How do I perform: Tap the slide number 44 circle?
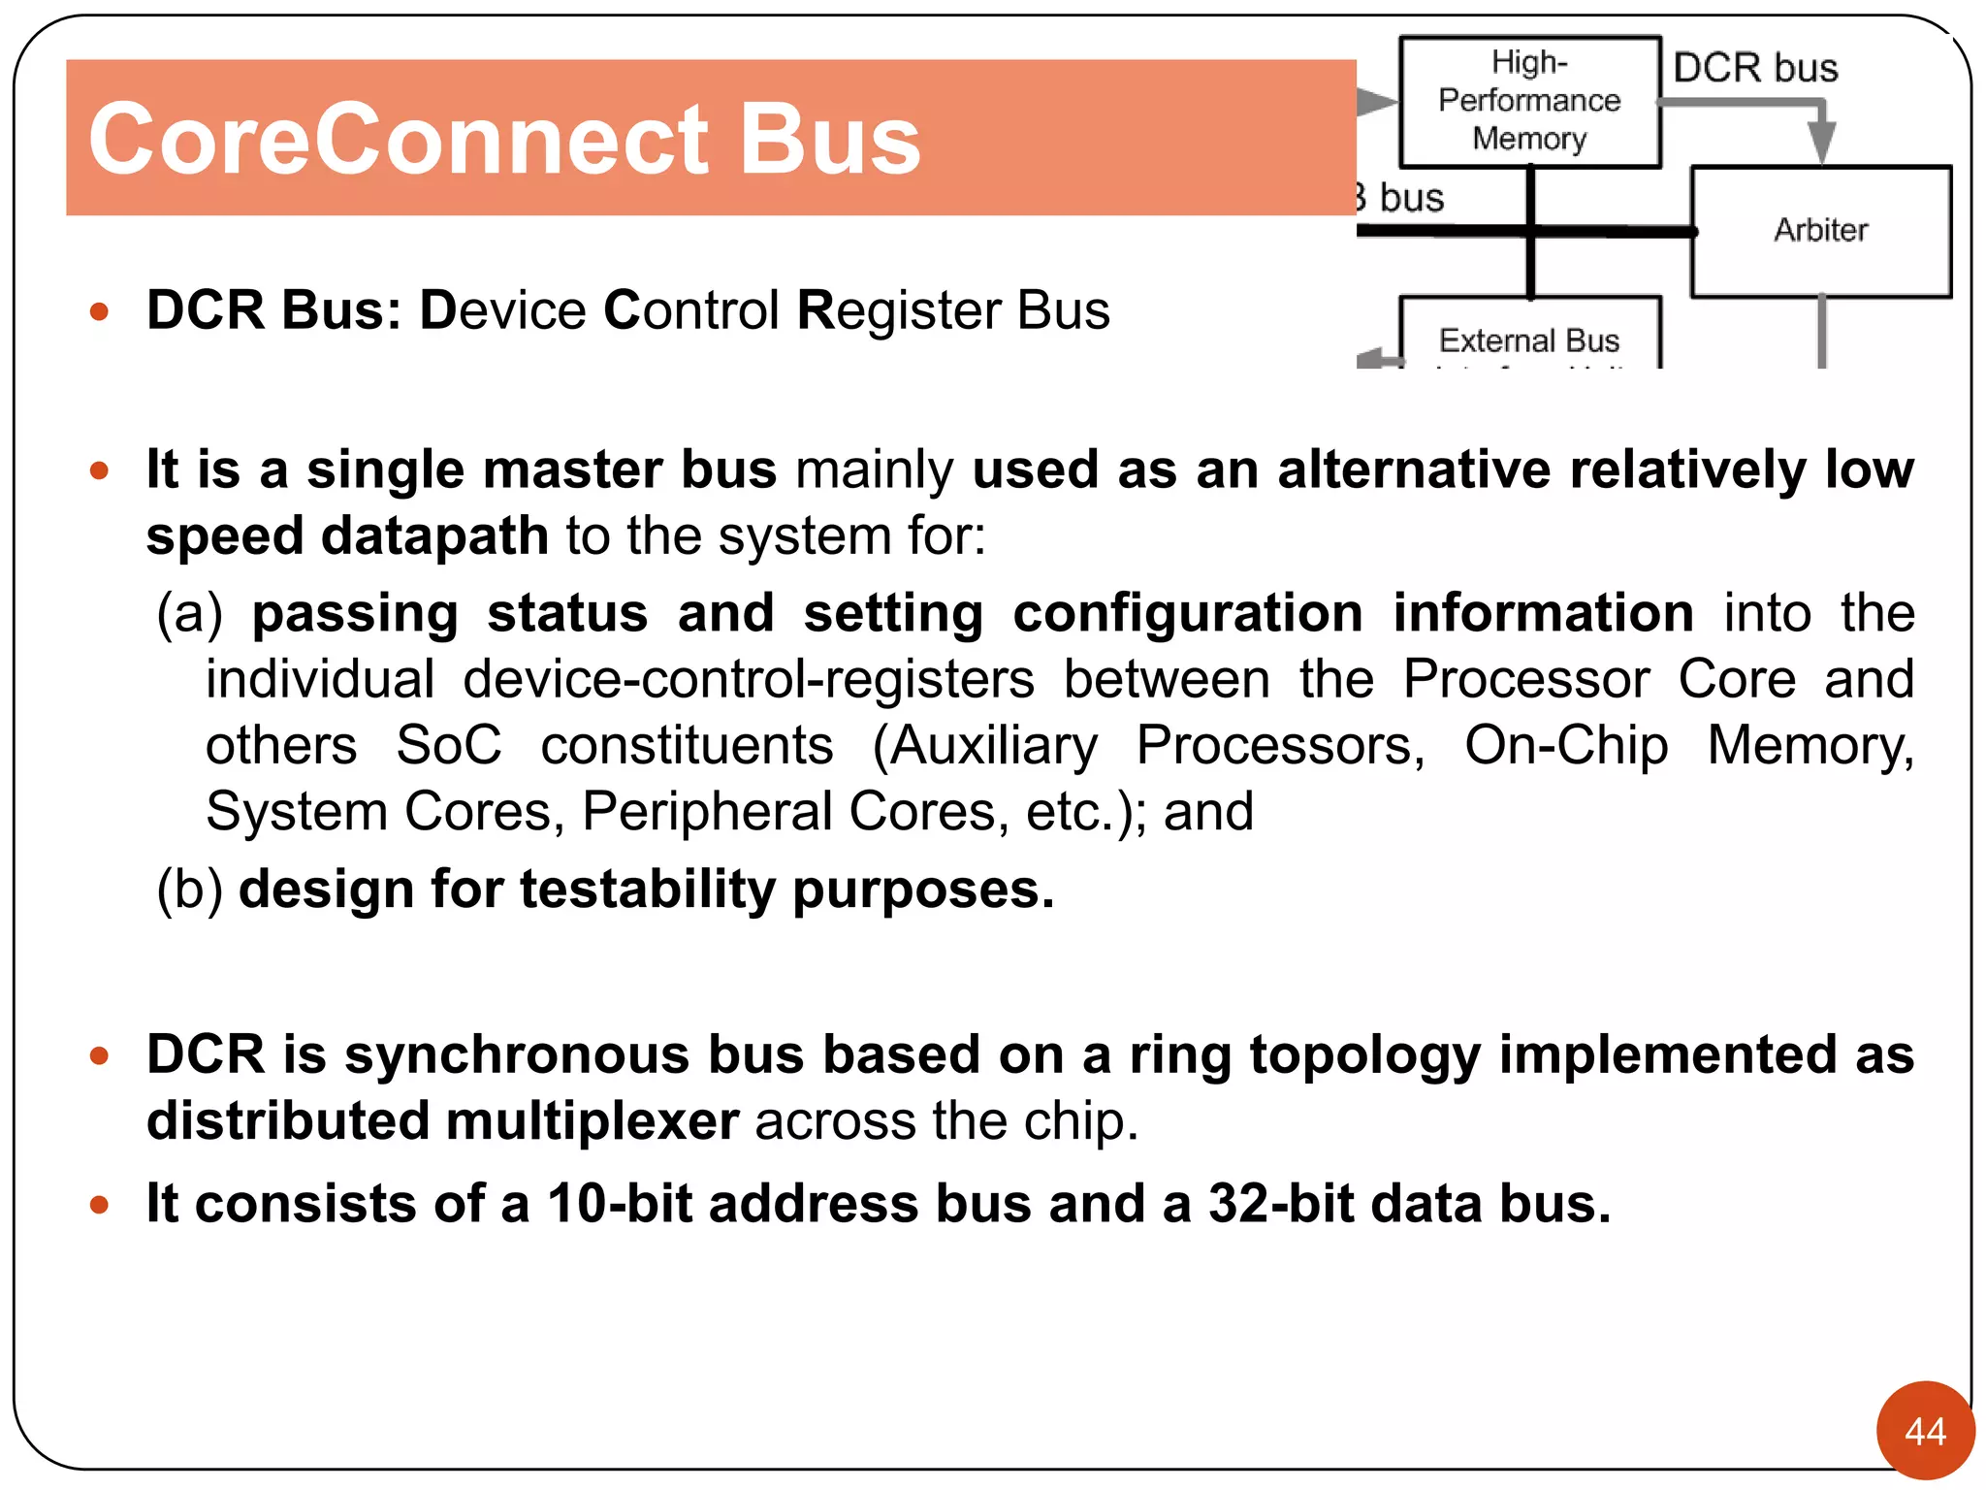1925,1431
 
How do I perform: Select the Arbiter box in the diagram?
1820,231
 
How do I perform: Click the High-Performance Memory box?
1529,101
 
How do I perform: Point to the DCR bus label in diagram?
1755,68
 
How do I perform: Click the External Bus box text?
1529,340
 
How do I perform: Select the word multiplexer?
593,1121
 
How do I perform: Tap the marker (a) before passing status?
190,614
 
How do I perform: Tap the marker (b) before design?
190,890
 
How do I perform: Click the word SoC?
449,746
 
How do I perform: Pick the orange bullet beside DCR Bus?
99,312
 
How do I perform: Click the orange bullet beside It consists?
99,1205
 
